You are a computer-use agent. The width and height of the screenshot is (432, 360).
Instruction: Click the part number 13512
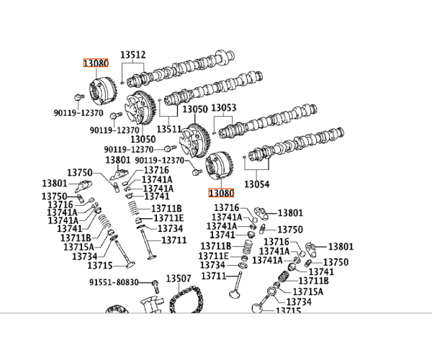pos(132,55)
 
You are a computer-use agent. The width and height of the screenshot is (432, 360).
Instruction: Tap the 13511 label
pos(169,129)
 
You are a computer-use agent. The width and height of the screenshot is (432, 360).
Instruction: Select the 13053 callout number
pos(223,107)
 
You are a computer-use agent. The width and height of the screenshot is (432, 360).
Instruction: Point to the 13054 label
pos(257,184)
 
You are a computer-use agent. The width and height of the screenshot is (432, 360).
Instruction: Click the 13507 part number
pos(179,279)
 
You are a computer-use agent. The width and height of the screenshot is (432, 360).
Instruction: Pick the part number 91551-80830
pos(114,282)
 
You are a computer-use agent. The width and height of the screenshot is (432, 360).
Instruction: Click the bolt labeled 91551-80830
pos(156,286)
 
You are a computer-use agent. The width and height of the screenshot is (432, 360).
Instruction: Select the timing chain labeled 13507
pos(186,300)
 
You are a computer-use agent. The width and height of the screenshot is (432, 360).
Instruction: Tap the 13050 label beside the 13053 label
pos(195,109)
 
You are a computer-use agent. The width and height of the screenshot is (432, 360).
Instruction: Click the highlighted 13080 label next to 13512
pos(96,63)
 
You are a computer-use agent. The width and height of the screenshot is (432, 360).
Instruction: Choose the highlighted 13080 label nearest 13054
pos(221,193)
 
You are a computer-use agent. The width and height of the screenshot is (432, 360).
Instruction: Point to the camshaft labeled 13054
pos(296,145)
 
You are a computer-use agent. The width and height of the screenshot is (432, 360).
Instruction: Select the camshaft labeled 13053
pos(268,121)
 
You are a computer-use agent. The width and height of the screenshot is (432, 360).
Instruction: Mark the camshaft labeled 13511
pos(214,89)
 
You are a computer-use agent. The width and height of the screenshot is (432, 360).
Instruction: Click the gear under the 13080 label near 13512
pos(104,91)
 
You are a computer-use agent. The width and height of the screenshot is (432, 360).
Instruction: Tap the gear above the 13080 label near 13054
pos(220,166)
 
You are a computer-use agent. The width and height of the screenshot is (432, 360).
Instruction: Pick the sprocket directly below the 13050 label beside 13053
pos(195,141)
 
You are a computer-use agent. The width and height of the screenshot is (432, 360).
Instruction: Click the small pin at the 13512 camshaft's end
pos(122,82)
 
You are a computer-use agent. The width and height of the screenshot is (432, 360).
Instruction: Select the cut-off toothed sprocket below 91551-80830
pos(117,309)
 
